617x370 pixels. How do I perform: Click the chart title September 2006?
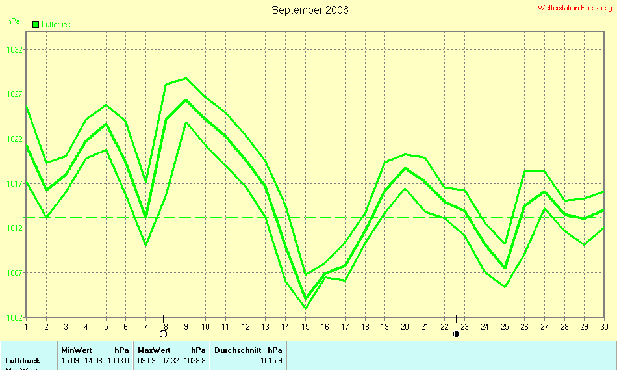click(310, 10)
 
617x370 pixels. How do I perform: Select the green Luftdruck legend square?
click(36, 24)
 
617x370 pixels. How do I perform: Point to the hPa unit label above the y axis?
click(13, 21)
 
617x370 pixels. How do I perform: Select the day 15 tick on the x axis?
click(305, 326)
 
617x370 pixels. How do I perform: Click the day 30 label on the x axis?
click(604, 326)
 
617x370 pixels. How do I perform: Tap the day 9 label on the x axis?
click(186, 326)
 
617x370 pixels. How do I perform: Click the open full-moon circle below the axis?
click(164, 334)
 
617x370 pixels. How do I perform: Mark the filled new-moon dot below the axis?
click(457, 334)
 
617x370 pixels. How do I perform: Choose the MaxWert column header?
click(153, 350)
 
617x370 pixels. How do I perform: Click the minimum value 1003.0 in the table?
click(118, 360)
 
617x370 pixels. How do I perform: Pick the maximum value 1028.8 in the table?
click(195, 360)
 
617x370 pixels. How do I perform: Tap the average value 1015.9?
click(271, 360)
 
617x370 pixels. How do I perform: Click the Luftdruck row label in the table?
click(23, 360)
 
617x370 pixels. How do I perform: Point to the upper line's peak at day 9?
click(186, 78)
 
